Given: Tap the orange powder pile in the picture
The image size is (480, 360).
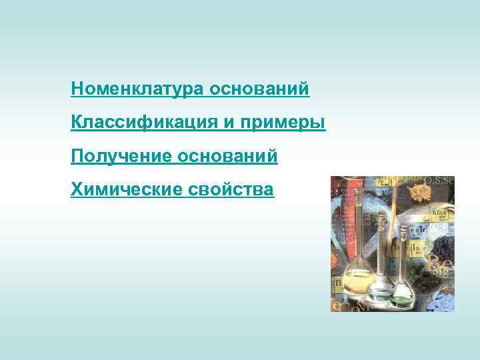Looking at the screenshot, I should [419, 193].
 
